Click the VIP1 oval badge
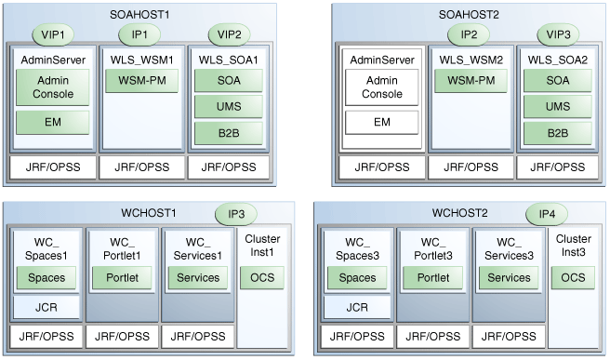pyautogui.click(x=52, y=34)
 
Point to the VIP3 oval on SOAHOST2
pyautogui.click(x=559, y=34)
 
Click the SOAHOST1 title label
pyautogui.click(x=139, y=14)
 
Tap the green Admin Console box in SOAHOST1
pyautogui.click(x=52, y=90)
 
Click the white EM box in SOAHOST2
pyautogui.click(x=381, y=122)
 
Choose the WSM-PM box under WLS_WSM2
pyautogui.click(x=470, y=81)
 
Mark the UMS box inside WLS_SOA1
pyautogui.click(x=228, y=107)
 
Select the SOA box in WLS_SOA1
pyautogui.click(x=228, y=81)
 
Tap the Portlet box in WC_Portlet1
pyautogui.click(x=122, y=277)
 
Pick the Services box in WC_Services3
pyautogui.click(x=509, y=277)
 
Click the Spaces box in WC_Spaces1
pyautogui.click(x=46, y=277)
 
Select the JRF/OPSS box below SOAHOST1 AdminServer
pyautogui.click(x=52, y=167)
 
